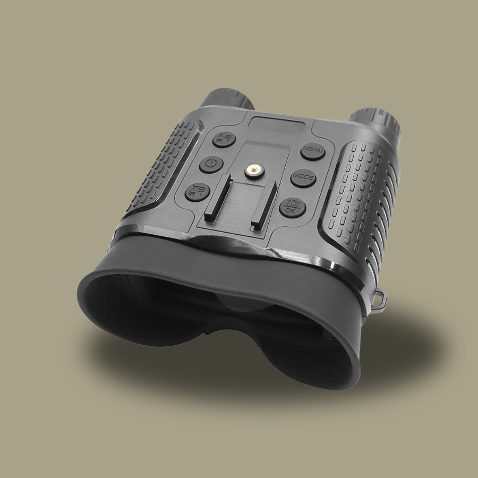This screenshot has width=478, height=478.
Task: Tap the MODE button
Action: click(x=303, y=177)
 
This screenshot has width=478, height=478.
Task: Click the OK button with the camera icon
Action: click(x=292, y=207)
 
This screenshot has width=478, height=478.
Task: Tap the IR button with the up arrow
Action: click(x=224, y=140)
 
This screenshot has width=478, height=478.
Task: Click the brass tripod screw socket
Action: click(x=254, y=170)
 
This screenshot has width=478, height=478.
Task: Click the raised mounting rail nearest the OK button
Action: click(x=263, y=205)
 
